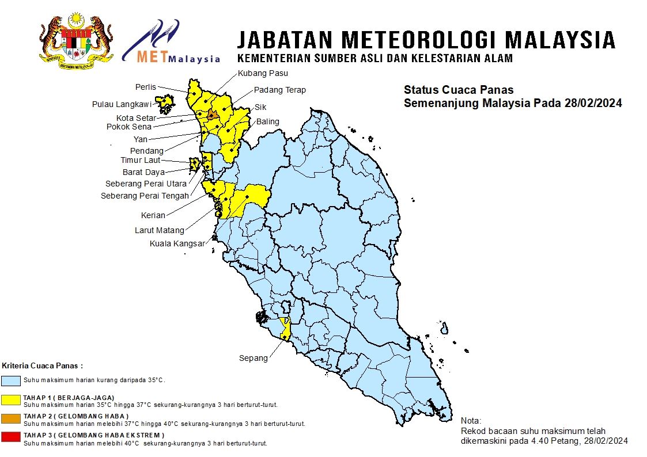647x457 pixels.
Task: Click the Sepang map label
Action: [253, 358]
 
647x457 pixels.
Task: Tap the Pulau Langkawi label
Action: [122, 104]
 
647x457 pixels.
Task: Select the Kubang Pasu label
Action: [263, 73]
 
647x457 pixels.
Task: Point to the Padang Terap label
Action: [280, 90]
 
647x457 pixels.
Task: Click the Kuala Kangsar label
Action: [177, 243]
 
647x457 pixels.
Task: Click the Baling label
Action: [268, 121]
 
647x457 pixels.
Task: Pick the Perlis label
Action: [146, 87]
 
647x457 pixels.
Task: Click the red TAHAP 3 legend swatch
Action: [11, 437]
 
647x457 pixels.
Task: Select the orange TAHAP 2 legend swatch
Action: [11, 418]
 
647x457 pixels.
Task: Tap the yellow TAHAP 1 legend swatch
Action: [11, 399]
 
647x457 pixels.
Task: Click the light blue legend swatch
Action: [11, 380]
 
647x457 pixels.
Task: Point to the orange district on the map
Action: [211, 115]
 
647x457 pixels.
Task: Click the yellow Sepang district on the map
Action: [285, 328]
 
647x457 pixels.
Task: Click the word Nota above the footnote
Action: [471, 421]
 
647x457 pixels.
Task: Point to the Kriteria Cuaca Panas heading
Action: [43, 365]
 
